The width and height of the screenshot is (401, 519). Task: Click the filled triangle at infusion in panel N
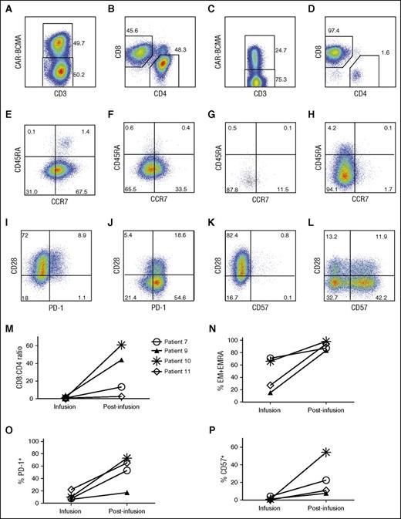[x=270, y=393]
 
